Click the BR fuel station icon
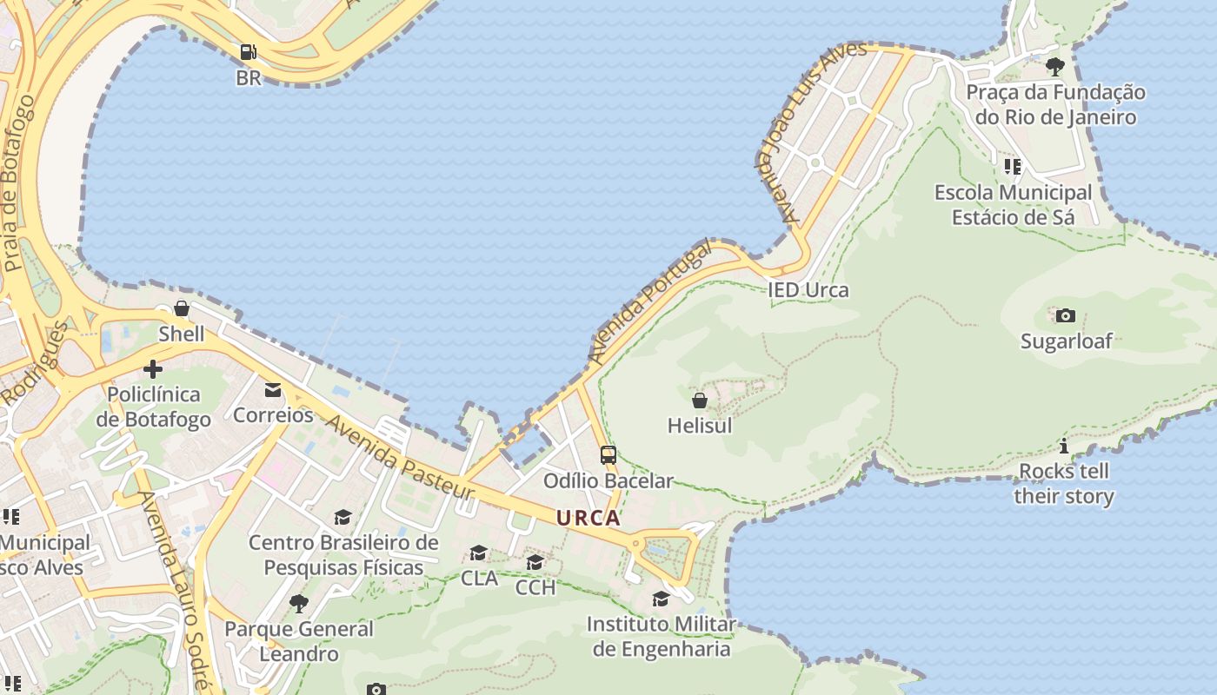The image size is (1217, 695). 249,52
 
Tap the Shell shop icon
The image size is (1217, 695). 182,308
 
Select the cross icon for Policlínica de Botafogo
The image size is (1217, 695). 153,369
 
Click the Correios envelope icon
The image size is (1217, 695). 273,389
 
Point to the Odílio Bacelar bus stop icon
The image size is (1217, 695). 608,454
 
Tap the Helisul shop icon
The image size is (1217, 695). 700,400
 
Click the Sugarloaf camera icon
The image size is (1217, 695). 1066,315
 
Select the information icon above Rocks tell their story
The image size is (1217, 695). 1064,447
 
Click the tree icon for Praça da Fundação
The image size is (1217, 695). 1055,66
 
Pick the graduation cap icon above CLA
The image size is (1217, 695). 478,553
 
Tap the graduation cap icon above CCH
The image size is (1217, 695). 535,562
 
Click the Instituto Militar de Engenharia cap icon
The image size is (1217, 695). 662,599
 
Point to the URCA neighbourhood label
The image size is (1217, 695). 589,519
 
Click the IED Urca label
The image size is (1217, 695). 808,290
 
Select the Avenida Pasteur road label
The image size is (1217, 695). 401,457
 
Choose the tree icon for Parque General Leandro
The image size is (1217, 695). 299,603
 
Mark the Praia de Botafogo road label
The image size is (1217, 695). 19,182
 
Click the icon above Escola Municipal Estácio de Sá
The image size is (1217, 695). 1012,166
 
